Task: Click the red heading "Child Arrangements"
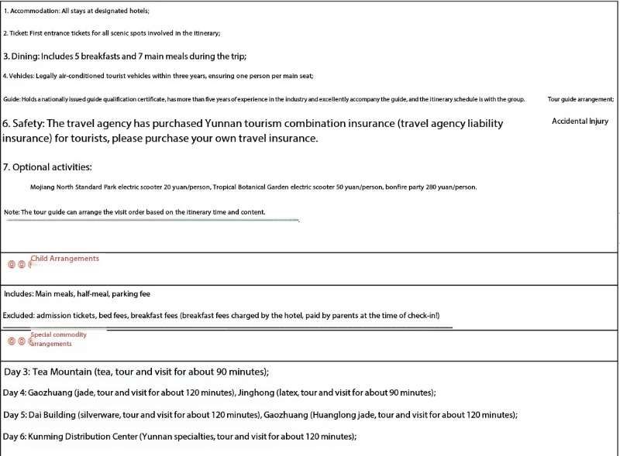[65, 259]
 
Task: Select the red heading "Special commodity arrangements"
[59, 339]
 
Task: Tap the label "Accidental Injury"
[580, 122]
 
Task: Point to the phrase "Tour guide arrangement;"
[580, 100]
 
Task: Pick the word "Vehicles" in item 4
[22, 76]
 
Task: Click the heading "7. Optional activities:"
[47, 167]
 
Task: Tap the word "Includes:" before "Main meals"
[19, 294]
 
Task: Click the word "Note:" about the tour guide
[12, 212]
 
